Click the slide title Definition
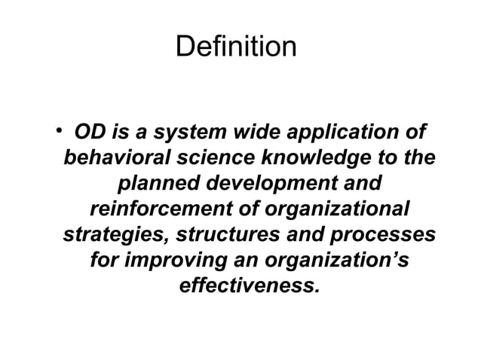pyautogui.click(x=236, y=48)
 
